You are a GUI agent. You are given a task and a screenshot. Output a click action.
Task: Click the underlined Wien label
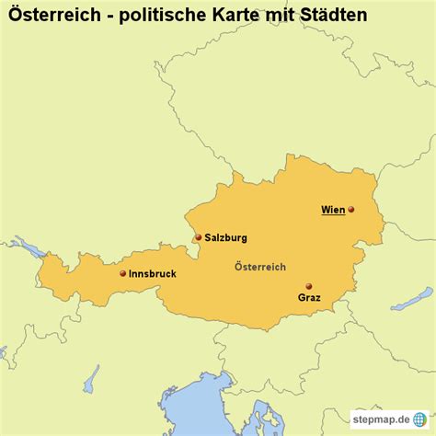click(333, 210)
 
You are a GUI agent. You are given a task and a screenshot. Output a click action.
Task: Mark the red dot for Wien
click(350, 210)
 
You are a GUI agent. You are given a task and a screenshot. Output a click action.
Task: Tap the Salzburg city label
click(225, 237)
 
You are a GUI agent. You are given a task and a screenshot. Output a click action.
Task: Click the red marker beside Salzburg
click(197, 236)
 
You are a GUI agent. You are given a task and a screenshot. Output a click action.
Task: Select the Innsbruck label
click(152, 273)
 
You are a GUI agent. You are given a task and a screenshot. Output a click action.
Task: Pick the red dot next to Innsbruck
click(123, 272)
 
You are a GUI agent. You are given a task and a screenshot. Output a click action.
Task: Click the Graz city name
click(309, 298)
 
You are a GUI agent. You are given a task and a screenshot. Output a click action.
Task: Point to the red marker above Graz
click(308, 285)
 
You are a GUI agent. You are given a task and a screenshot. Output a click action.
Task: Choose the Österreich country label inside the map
click(260, 267)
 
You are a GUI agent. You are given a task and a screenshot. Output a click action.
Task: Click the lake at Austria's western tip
click(30, 248)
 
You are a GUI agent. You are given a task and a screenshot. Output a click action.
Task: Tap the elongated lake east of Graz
click(410, 300)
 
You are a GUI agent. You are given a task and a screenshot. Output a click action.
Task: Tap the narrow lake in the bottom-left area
click(91, 378)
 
